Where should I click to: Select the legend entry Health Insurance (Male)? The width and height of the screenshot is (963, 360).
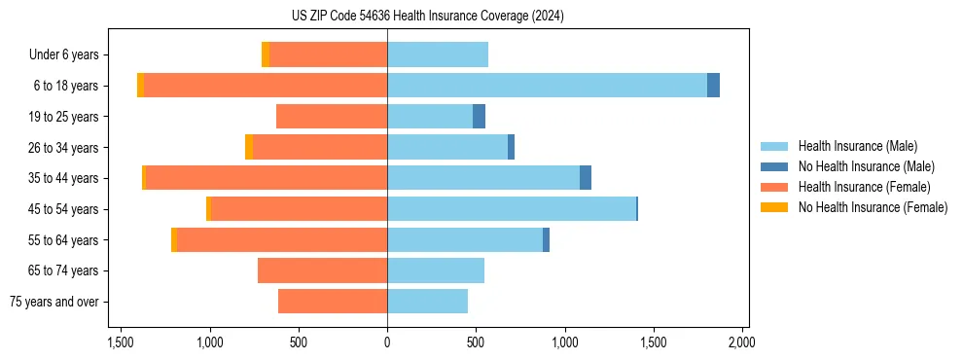point(857,146)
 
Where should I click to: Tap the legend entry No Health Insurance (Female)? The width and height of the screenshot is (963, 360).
point(873,207)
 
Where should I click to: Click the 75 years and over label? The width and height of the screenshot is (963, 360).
point(54,302)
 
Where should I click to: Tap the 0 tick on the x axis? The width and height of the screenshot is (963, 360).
point(387,342)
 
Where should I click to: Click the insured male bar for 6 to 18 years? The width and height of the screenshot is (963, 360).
point(547,86)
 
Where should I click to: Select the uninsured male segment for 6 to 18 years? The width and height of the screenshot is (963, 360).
point(713,86)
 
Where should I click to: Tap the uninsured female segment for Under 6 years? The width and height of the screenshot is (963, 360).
point(266,54)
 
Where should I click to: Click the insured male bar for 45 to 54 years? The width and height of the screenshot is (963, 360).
point(512,209)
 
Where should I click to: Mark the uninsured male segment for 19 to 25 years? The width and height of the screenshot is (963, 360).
point(479,117)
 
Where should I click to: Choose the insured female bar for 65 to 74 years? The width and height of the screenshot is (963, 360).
point(322,270)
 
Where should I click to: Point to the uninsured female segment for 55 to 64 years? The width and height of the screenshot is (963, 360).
point(174,239)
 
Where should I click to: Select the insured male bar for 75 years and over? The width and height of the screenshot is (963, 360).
point(427,302)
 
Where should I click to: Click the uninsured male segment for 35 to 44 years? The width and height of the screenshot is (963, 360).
point(586,178)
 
